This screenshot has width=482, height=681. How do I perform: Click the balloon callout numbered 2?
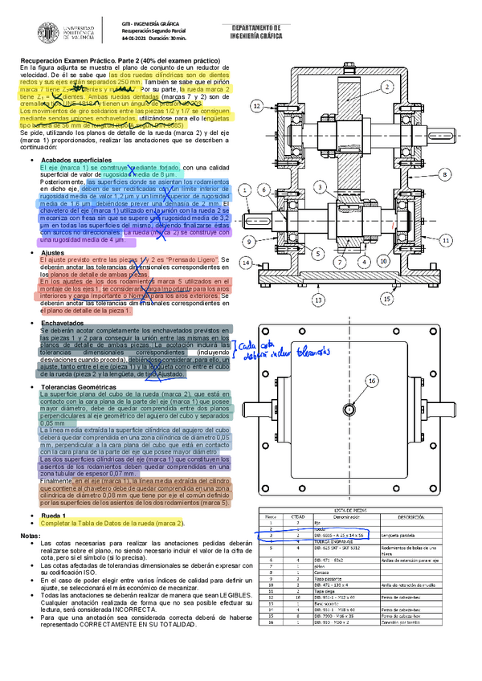click(x=387, y=86)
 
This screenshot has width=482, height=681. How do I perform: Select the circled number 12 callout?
click(x=255, y=105)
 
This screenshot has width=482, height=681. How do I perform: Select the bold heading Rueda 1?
click(x=54, y=514)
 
